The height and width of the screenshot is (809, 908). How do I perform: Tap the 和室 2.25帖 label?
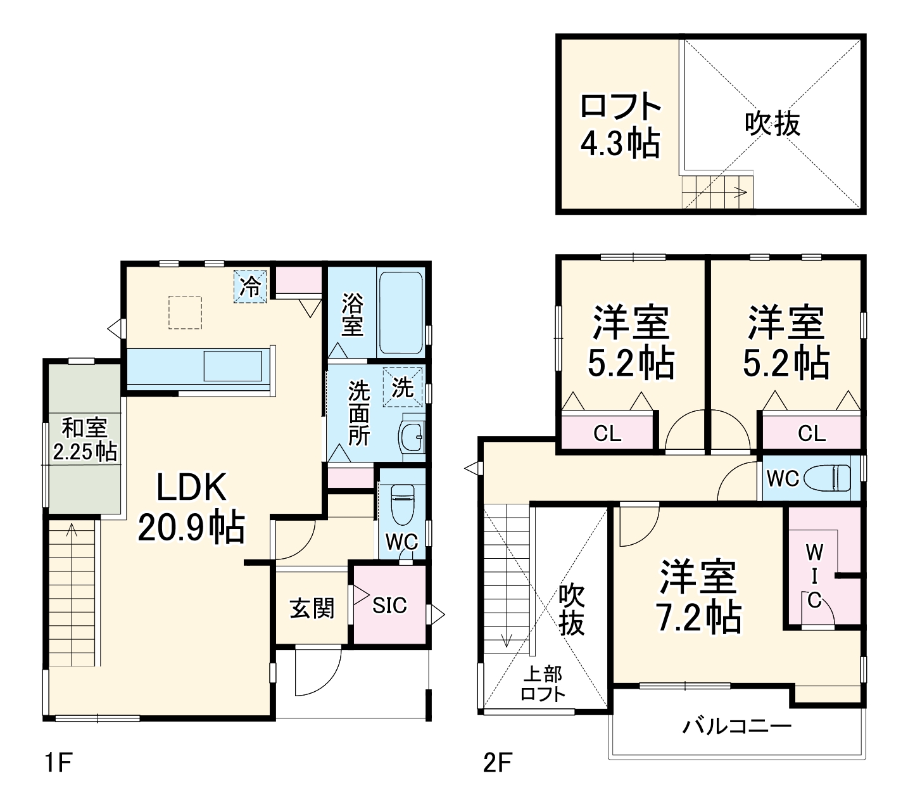85,440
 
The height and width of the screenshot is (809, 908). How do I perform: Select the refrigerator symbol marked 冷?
251,287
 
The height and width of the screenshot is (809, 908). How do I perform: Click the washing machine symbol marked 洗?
402,386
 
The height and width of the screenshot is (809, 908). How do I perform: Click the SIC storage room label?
389,606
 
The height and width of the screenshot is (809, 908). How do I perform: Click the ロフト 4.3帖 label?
620,125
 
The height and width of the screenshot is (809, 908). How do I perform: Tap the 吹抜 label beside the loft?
772,124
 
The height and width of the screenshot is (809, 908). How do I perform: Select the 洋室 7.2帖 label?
699,596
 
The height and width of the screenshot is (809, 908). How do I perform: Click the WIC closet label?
814,576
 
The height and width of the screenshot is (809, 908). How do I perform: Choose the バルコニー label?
736,725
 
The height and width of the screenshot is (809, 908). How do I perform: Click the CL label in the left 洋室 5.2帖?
607,434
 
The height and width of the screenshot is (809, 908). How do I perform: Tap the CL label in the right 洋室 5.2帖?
811,434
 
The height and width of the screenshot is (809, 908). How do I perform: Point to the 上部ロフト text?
543,684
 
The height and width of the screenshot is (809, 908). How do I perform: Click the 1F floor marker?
59,763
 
